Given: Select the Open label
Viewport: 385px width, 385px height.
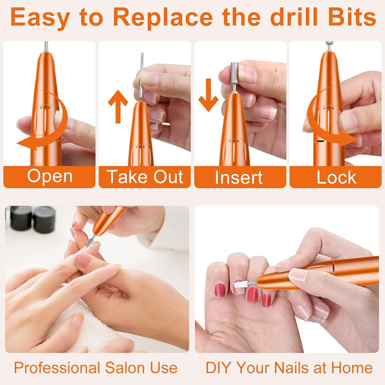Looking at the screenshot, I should click(x=50, y=176).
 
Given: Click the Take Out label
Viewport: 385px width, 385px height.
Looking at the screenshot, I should click(x=144, y=176).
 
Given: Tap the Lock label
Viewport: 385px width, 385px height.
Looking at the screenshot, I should click(x=336, y=177).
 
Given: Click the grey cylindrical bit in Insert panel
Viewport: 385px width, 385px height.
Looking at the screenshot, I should click(x=234, y=78).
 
